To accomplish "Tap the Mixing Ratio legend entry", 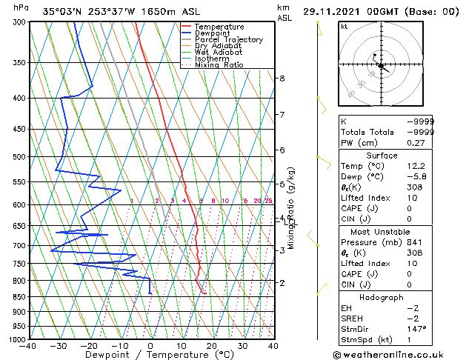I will (x=219, y=65).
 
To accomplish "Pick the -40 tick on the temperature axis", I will (x=29, y=346).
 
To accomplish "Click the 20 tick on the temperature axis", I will (x=211, y=346).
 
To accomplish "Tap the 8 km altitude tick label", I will (x=282, y=79).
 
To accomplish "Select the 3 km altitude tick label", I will (x=282, y=250).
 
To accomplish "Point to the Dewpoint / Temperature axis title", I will (x=150, y=355).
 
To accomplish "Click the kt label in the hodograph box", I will (x=344, y=27).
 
